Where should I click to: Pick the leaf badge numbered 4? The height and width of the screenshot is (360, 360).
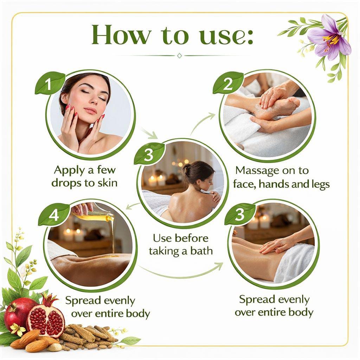click(x=53, y=214)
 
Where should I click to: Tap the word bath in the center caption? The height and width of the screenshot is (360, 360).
click(x=201, y=251)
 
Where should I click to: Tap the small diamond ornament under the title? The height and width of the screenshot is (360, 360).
click(x=180, y=56)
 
